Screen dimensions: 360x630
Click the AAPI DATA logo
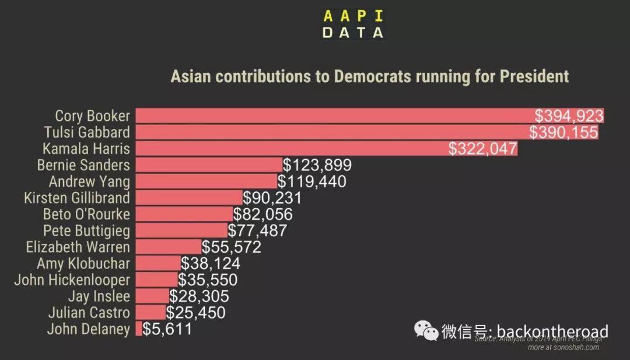tap(353, 23)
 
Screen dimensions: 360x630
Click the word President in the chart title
tap(534, 76)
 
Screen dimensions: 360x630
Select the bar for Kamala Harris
tap(292, 148)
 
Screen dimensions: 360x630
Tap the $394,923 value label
tap(569, 116)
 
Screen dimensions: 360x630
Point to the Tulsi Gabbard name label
tap(87, 132)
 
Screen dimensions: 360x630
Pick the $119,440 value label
tap(311, 181)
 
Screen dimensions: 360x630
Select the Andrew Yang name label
tap(89, 181)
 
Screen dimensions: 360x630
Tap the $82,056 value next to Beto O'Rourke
tap(262, 214)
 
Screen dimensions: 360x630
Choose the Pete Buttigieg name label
tap(86, 230)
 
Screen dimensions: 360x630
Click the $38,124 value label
tap(210, 264)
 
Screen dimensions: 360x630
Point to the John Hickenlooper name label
tap(72, 280)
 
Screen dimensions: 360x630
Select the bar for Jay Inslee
tap(152, 296)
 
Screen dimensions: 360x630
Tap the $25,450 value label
tap(195, 313)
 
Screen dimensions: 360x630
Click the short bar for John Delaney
tap(138, 329)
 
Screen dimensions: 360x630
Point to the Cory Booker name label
tap(92, 116)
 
